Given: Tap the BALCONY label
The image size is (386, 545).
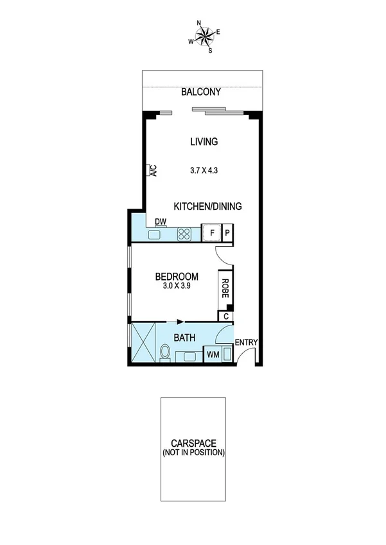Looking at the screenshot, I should click(x=201, y=92).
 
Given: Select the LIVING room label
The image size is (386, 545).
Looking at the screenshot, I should click(x=204, y=142).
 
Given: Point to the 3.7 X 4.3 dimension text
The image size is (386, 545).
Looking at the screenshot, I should click(x=204, y=171).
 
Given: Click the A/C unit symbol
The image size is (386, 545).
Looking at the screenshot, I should click(x=153, y=171).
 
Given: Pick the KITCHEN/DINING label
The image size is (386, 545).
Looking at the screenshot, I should click(x=207, y=206).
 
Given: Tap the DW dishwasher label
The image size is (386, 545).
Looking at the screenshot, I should click(x=161, y=221).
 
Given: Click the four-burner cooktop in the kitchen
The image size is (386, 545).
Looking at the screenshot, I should click(x=185, y=234).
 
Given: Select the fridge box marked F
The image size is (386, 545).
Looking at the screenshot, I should click(x=211, y=232).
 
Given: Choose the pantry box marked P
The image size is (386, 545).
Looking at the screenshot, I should click(x=227, y=232).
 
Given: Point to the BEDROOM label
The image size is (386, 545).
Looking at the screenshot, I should click(x=177, y=277).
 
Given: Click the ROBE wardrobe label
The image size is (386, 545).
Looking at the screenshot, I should click(x=225, y=288).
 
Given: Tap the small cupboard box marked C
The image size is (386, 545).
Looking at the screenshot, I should click(x=225, y=316).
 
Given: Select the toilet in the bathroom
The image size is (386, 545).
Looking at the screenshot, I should click(x=165, y=353).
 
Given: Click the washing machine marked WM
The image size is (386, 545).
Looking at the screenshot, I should click(x=212, y=354).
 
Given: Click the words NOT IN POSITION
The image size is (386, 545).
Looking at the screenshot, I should click(x=193, y=453).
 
